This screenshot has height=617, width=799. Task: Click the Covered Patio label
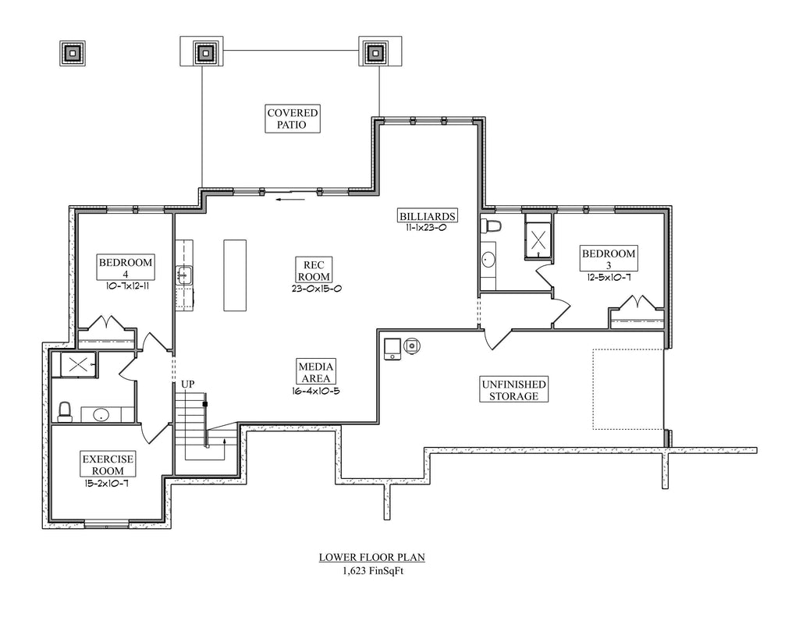(293, 119)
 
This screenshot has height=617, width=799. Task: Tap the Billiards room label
(426, 216)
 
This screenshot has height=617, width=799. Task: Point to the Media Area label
(316, 373)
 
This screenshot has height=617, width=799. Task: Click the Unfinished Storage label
(513, 390)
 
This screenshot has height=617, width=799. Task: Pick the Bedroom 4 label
(125, 268)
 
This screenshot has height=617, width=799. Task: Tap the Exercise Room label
(108, 466)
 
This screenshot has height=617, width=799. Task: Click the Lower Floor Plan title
(371, 558)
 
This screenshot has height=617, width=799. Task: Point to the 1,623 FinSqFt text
(371, 570)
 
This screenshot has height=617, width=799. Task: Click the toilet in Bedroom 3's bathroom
(492, 226)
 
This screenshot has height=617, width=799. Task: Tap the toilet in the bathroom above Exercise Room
(66, 410)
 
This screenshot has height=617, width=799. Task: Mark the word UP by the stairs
(188, 385)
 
